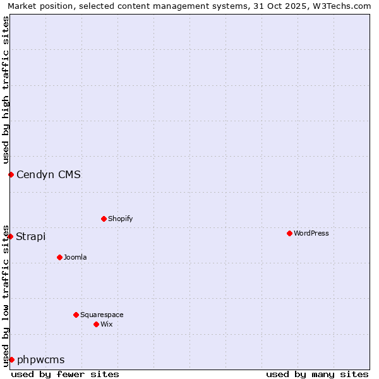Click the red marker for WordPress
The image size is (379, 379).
point(289,233)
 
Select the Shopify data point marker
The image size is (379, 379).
point(104,219)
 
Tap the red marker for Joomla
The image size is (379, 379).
point(59,257)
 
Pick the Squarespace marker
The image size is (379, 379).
point(76,315)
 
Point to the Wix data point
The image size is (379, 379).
point(96,324)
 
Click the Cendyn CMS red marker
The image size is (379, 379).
point(11,174)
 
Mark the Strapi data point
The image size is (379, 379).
point(10,236)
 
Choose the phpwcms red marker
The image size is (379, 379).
point(11,359)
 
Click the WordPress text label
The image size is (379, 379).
point(311,233)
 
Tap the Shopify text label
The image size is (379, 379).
point(120,219)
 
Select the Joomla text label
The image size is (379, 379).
point(75,257)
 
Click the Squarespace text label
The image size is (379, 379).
point(102,315)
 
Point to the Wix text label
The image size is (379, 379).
point(106,324)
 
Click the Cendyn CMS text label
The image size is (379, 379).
point(49,174)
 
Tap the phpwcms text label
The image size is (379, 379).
point(41,359)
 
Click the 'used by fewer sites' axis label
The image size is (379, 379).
point(65,374)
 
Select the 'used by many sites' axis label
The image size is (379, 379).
point(317,374)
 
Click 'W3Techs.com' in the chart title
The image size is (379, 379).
point(344,6)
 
